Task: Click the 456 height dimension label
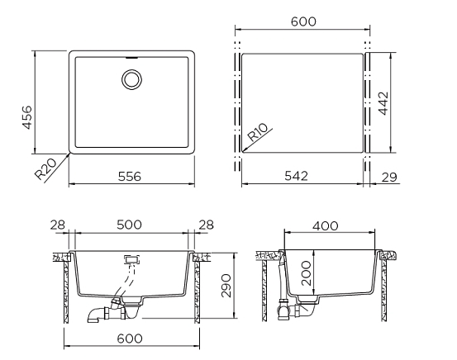(27, 117)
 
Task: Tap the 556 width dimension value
(130, 177)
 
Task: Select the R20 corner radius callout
(45, 169)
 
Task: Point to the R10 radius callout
(257, 132)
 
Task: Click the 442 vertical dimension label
(383, 103)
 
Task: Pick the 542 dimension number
(296, 176)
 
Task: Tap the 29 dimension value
(389, 177)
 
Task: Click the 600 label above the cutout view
(303, 21)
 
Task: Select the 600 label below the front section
(130, 339)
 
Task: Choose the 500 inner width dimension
(129, 225)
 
